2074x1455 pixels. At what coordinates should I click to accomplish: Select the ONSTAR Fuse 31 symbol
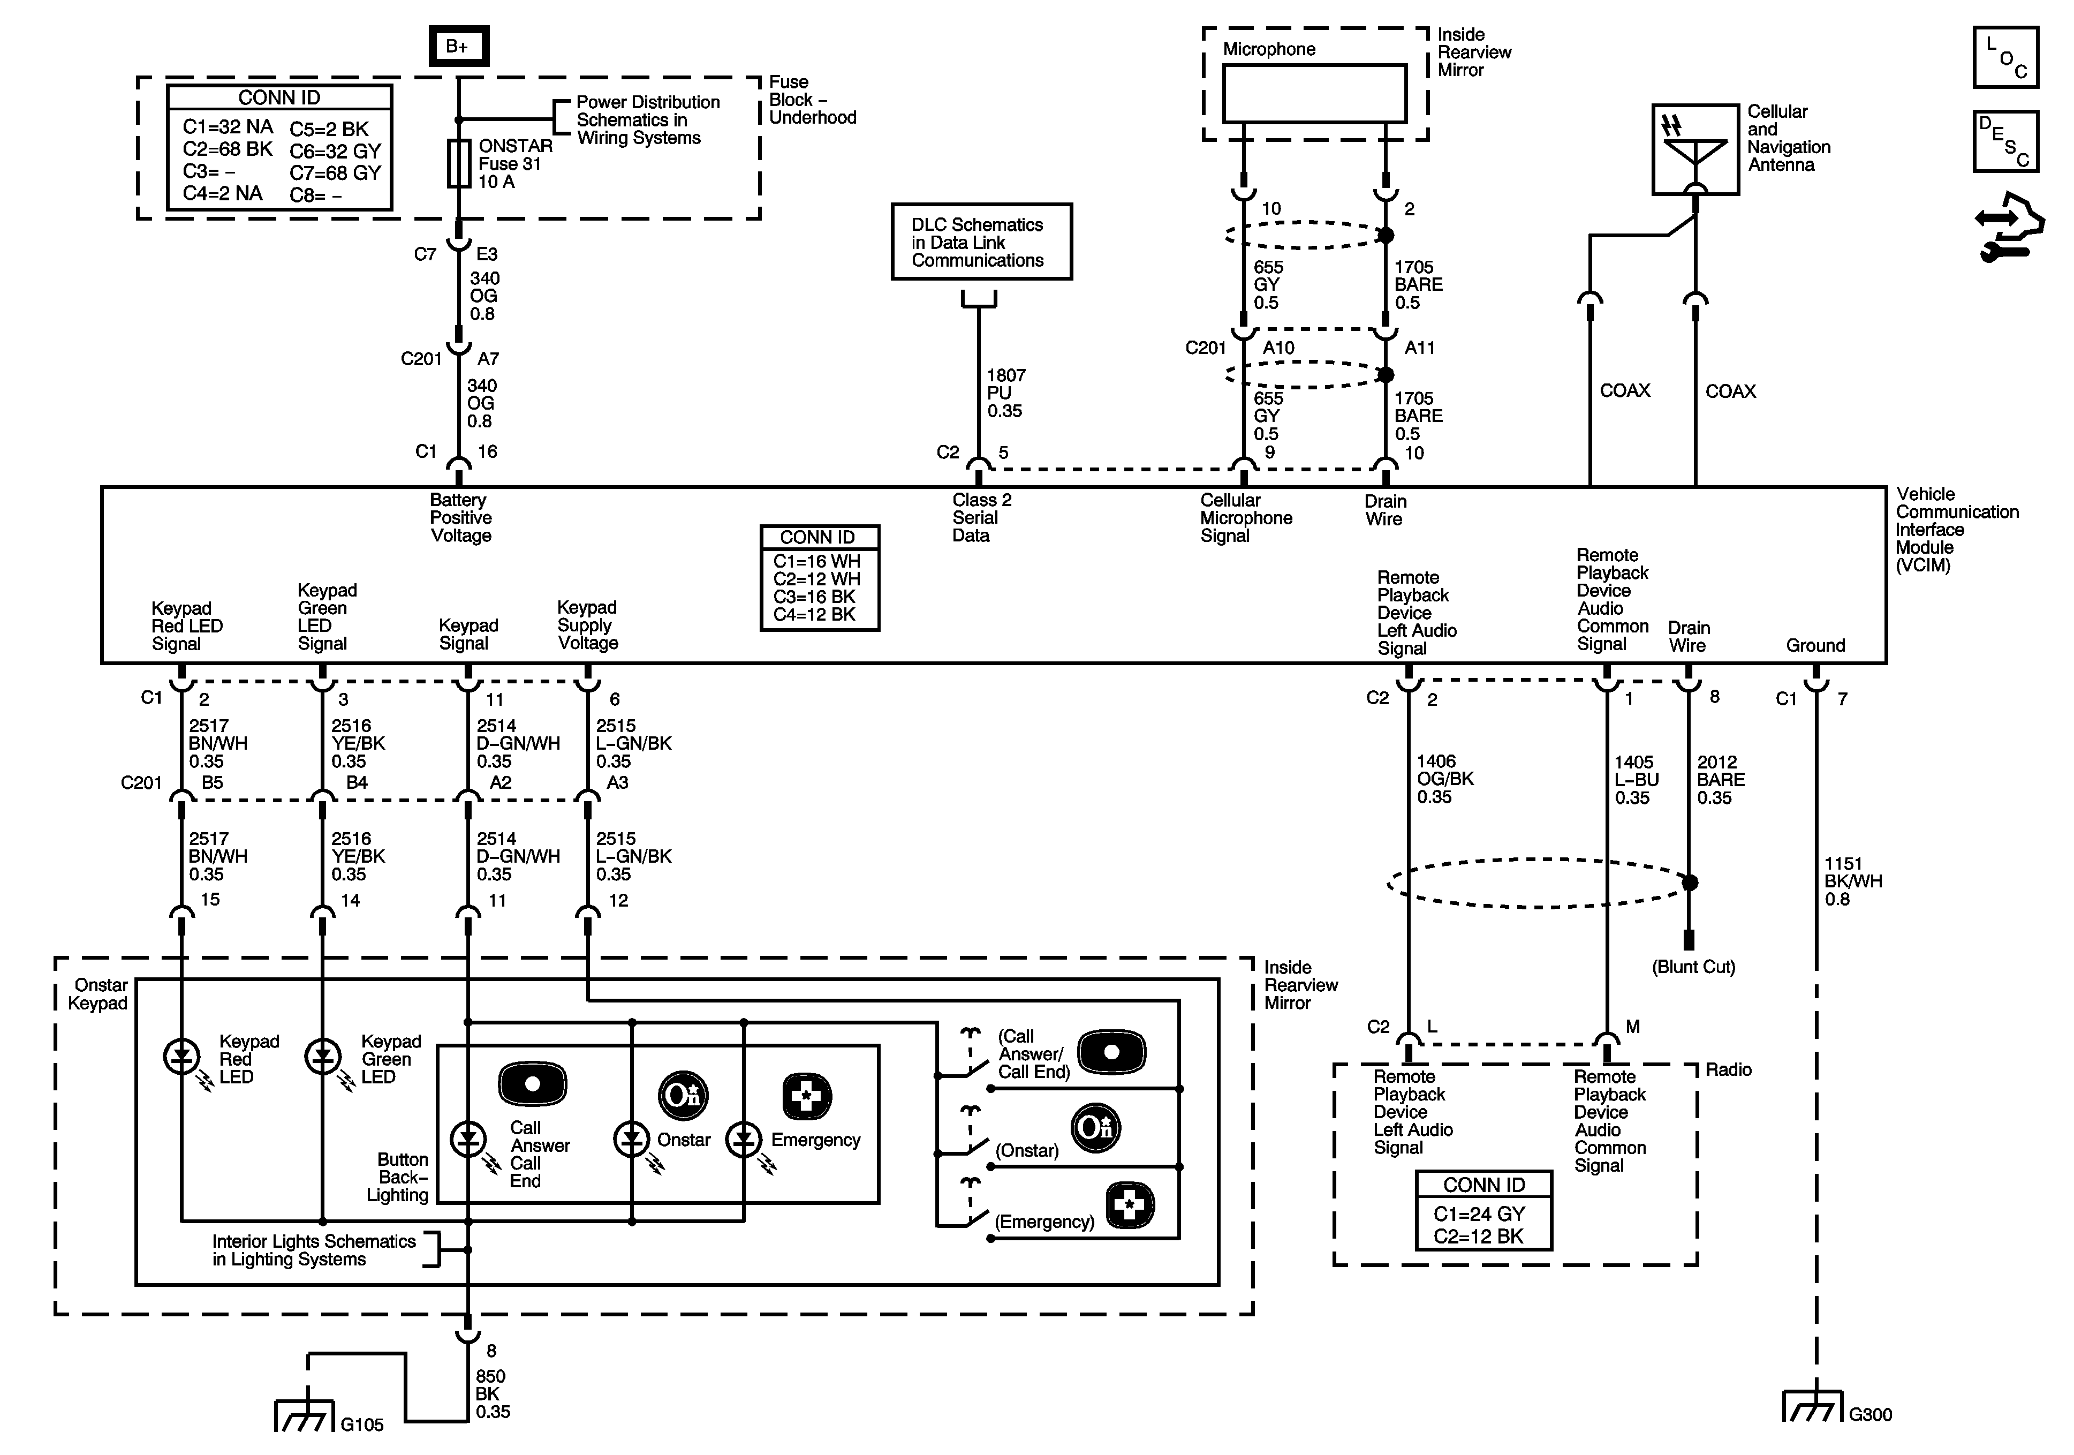click(459, 163)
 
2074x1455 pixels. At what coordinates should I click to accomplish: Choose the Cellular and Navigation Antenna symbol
click(1694, 149)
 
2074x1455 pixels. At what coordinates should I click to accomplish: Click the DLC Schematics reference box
click(981, 242)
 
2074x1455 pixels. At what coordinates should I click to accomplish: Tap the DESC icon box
click(2005, 141)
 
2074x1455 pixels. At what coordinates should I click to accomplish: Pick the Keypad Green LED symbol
click(322, 1056)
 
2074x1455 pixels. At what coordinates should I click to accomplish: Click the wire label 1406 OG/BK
click(1444, 779)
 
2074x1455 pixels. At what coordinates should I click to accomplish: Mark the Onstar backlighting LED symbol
click(631, 1140)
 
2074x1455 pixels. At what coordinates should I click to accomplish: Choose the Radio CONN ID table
click(1483, 1211)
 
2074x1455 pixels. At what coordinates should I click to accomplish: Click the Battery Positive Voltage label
click(461, 518)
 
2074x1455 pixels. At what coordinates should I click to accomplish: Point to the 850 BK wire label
click(491, 1393)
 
